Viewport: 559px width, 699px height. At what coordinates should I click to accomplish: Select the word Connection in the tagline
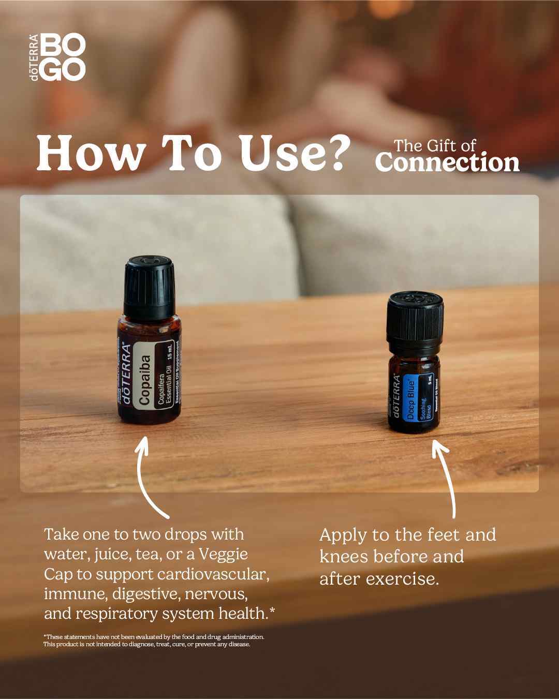click(x=447, y=162)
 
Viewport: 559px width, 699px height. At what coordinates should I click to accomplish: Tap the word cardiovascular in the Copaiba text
click(x=213, y=574)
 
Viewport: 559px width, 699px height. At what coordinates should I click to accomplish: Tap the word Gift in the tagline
click(x=438, y=145)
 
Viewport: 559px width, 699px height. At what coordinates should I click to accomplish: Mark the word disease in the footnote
click(x=240, y=645)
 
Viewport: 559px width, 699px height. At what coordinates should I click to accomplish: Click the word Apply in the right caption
click(x=342, y=535)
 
